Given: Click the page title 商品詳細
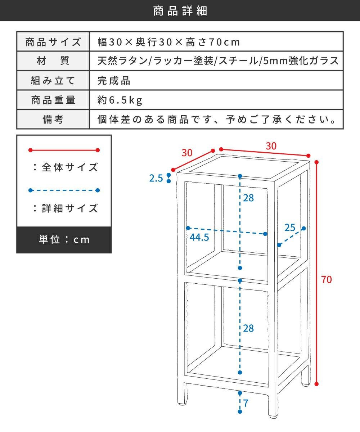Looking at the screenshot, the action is (x=180, y=11).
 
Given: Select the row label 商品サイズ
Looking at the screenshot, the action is (x=53, y=42).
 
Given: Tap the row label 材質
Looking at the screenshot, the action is (x=53, y=61).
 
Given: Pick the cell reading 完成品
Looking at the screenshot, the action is (x=114, y=81).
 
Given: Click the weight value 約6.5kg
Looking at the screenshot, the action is (x=120, y=100).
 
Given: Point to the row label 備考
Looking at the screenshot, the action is (x=53, y=120).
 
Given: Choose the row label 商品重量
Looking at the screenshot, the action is (x=53, y=100).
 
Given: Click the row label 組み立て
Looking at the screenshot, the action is (x=53, y=81).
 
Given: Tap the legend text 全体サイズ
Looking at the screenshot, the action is (x=66, y=167).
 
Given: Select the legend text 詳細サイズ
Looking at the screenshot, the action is (x=66, y=208).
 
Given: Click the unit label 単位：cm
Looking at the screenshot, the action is (x=64, y=240).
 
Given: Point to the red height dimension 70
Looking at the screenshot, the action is (x=327, y=279).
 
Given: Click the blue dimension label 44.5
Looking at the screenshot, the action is (x=199, y=237).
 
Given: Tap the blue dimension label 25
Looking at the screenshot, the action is (x=290, y=228).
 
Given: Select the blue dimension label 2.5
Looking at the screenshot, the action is (x=156, y=178).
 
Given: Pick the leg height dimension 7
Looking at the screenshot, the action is (x=246, y=403).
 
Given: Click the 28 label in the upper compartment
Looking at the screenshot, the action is (x=248, y=198).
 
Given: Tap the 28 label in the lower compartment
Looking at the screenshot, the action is (x=248, y=328).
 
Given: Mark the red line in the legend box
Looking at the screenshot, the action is (x=64, y=150).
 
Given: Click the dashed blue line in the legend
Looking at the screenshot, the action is (x=64, y=190).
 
